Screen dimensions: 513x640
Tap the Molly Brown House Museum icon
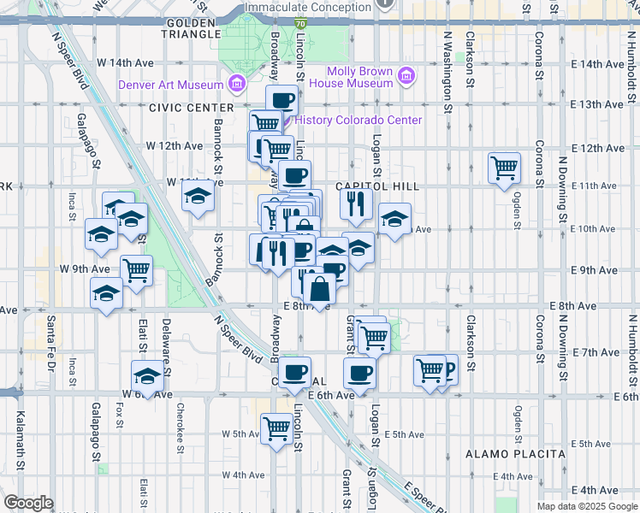click(x=406, y=77)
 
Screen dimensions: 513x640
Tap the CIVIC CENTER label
click(x=191, y=108)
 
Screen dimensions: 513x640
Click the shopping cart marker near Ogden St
click(x=505, y=168)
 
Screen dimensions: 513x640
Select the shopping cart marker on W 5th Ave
click(x=276, y=428)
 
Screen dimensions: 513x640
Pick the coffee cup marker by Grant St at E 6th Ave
click(x=359, y=373)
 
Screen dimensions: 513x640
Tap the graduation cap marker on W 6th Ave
click(x=148, y=376)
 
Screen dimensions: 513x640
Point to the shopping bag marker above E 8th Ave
click(x=319, y=289)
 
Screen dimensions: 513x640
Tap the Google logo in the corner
click(x=28, y=503)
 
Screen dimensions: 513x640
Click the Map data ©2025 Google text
click(x=587, y=506)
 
